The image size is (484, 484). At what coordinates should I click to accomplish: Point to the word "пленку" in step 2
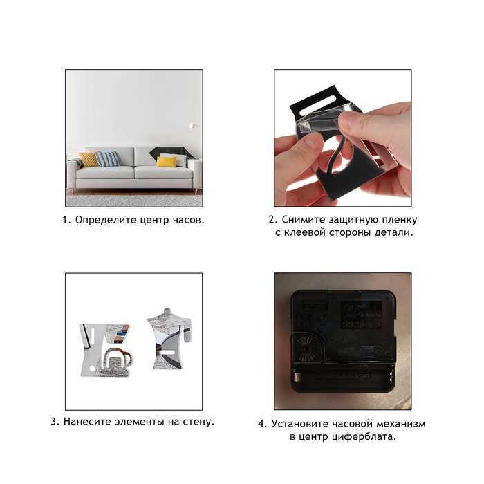coord(400,220)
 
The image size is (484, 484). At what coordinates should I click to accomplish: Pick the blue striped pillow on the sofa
coord(107,159)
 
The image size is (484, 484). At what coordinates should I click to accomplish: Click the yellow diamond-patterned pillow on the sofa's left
coord(89,159)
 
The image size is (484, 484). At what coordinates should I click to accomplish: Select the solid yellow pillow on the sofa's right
coord(167,161)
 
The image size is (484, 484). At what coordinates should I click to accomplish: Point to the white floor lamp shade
coord(192,124)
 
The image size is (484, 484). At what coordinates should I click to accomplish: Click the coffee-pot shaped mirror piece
coord(170,339)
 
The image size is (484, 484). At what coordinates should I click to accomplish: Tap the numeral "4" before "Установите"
coord(261,424)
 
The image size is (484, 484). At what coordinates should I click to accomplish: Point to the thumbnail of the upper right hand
coord(353,119)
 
